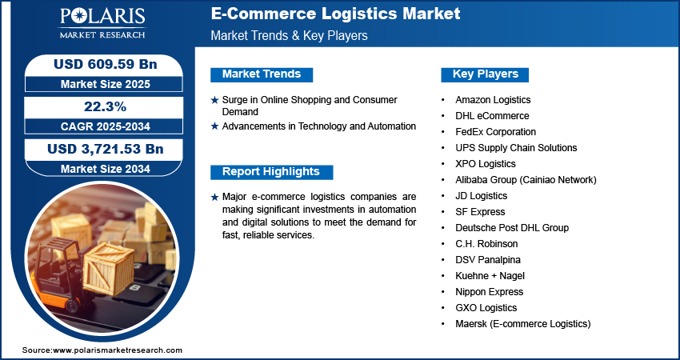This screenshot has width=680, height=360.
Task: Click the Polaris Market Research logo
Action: [102, 22]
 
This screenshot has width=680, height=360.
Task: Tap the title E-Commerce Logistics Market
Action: [336, 14]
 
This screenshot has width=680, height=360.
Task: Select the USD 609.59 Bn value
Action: [106, 64]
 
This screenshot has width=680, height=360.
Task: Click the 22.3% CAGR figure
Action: [105, 106]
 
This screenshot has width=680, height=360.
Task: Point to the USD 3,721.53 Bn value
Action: [106, 150]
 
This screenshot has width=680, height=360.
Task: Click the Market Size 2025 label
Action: [106, 84]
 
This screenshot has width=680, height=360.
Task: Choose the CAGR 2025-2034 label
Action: [106, 126]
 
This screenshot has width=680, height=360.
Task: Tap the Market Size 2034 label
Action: [106, 169]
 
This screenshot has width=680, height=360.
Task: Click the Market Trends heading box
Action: [262, 74]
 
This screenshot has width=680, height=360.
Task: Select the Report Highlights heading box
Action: [271, 172]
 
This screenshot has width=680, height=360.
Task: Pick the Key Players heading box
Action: [485, 74]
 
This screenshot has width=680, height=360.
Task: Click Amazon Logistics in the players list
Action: [493, 100]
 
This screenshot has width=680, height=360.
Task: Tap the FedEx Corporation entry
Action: [496, 132]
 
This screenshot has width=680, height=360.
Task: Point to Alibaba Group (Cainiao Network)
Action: [526, 180]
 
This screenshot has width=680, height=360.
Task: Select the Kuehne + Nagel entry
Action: [490, 276]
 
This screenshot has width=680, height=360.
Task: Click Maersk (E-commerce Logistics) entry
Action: [523, 324]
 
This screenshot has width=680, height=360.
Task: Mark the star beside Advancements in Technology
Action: [214, 126]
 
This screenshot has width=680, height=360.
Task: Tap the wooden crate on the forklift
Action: [108, 270]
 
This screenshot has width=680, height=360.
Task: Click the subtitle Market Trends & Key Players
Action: [290, 35]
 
